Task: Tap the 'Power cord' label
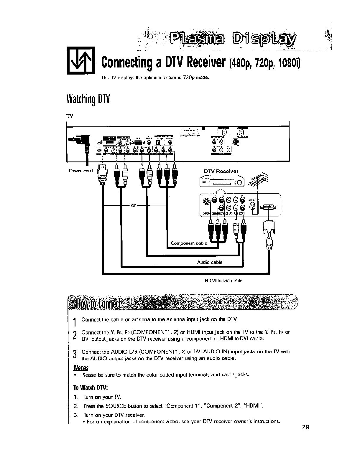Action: [x=80, y=171]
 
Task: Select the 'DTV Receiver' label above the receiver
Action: [x=221, y=172]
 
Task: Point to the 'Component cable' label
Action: [x=189, y=243]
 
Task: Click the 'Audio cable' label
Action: [x=210, y=262]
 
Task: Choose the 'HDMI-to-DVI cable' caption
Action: [x=223, y=281]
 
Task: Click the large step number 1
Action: [x=75, y=322]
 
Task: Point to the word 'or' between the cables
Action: [x=134, y=205]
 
